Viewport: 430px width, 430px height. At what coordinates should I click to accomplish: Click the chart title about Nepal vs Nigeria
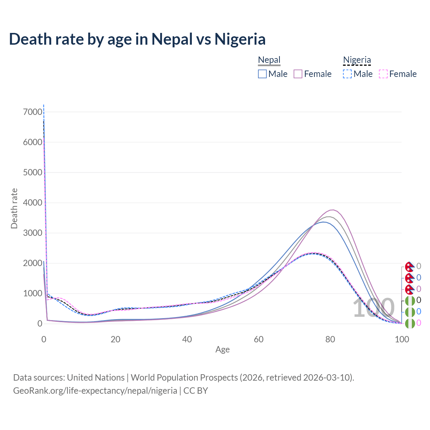tap(137, 39)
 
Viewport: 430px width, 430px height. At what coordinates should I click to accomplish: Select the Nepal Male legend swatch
tap(262, 74)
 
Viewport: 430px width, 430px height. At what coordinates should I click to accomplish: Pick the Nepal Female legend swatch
tap(298, 74)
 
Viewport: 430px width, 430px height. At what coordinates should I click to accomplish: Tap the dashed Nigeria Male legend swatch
tap(347, 74)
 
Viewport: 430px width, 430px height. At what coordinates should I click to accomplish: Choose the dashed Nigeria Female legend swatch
tap(383, 74)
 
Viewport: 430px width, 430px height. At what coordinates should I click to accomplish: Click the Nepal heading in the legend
tap(269, 60)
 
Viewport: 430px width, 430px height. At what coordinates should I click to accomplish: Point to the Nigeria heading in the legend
tap(357, 60)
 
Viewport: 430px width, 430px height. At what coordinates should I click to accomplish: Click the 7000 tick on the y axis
tap(33, 112)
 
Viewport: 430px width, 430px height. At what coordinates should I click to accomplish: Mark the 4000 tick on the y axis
tap(33, 203)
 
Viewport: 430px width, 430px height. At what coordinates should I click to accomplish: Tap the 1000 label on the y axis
tap(33, 293)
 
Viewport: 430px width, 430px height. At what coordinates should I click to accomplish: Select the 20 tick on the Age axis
tap(116, 339)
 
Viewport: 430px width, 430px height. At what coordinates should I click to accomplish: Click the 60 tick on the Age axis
tap(259, 339)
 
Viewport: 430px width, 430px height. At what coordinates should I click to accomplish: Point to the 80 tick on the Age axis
tap(330, 339)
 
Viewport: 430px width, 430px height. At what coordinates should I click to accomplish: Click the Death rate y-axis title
tap(14, 208)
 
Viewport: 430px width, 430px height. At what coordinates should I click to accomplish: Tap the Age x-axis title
tap(222, 349)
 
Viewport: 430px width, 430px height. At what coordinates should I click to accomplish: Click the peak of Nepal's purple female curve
tap(332, 210)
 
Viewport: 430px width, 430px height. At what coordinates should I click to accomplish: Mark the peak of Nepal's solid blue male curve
tap(324, 222)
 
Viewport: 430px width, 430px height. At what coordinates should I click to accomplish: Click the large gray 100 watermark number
tap(374, 308)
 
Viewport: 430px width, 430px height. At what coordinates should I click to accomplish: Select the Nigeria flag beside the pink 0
tap(410, 323)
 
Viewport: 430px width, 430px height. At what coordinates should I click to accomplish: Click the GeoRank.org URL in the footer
tap(95, 391)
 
